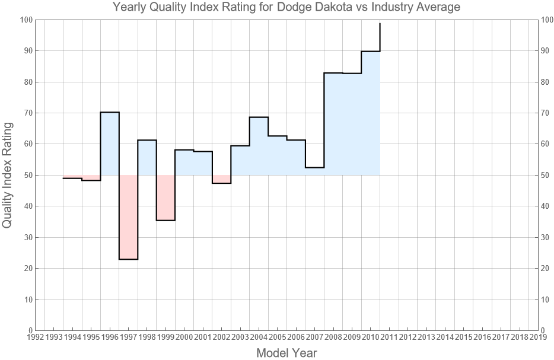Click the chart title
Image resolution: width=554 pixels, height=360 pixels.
pyautogui.click(x=286, y=8)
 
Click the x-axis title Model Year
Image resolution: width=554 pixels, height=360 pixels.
pyautogui.click(x=286, y=353)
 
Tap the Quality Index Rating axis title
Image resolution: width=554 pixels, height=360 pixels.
pyautogui.click(x=8, y=175)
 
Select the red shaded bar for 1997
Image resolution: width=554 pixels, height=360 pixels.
pyautogui.click(x=128, y=217)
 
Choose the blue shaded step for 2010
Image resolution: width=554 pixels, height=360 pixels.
pyautogui.click(x=370, y=113)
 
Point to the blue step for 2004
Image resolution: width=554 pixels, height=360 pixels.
pyautogui.click(x=259, y=146)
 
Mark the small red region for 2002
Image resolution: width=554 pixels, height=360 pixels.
pyautogui.click(x=221, y=179)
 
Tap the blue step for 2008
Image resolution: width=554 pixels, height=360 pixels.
pyautogui.click(x=333, y=124)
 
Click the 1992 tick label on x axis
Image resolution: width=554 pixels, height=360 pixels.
pyautogui.click(x=36, y=337)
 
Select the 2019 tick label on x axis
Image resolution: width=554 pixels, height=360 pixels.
pyautogui.click(x=538, y=337)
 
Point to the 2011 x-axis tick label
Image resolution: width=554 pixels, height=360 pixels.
pyautogui.click(x=389, y=337)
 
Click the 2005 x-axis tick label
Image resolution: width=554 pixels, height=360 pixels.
pyautogui.click(x=277, y=337)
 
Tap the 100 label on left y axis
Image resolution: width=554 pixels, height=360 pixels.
pyautogui.click(x=26, y=20)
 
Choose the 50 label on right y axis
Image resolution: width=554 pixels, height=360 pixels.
pyautogui.click(x=546, y=175)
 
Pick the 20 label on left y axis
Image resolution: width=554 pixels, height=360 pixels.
pyautogui.click(x=27, y=268)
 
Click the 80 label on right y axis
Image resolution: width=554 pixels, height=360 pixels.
pyautogui.click(x=546, y=82)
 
